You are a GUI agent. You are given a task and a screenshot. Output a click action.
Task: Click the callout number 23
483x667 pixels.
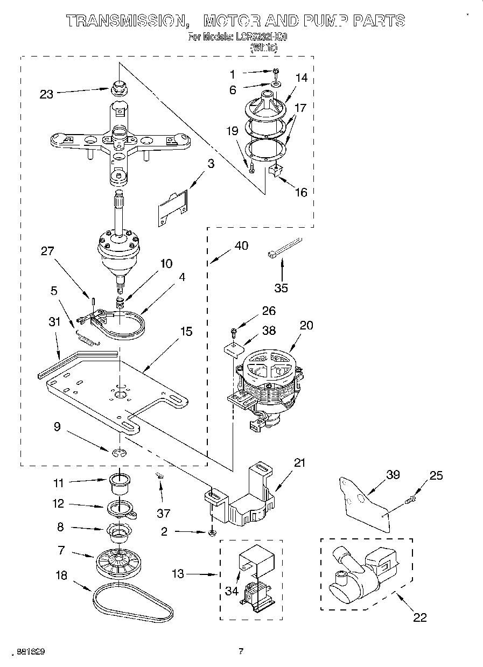(46, 94)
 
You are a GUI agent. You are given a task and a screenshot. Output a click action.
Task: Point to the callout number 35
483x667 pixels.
(281, 287)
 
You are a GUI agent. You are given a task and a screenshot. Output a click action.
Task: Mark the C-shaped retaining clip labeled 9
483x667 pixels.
(120, 453)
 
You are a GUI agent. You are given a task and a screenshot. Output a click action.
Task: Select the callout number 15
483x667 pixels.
(186, 332)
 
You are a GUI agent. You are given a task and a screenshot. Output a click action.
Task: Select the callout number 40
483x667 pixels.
(242, 245)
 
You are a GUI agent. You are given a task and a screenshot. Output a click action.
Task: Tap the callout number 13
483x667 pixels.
(177, 574)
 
